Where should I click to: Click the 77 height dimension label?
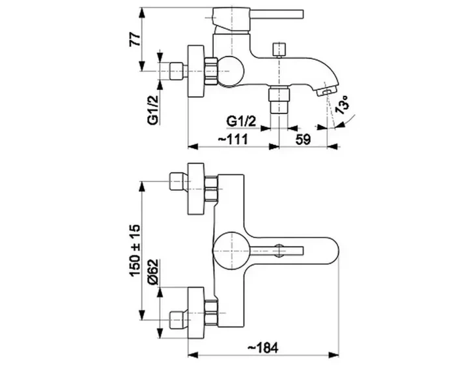135,38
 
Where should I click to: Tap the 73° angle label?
341,105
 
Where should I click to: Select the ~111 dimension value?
233,139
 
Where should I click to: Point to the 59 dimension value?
303,140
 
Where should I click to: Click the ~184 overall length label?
263,348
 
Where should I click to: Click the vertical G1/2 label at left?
153,107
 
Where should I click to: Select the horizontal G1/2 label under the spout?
242,121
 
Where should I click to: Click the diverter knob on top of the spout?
279,50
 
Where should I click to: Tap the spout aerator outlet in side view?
326,90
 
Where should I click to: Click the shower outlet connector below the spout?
279,99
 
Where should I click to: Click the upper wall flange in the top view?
196,189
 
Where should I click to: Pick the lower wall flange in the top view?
196,313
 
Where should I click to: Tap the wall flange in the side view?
196,71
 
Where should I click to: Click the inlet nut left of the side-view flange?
176,71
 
